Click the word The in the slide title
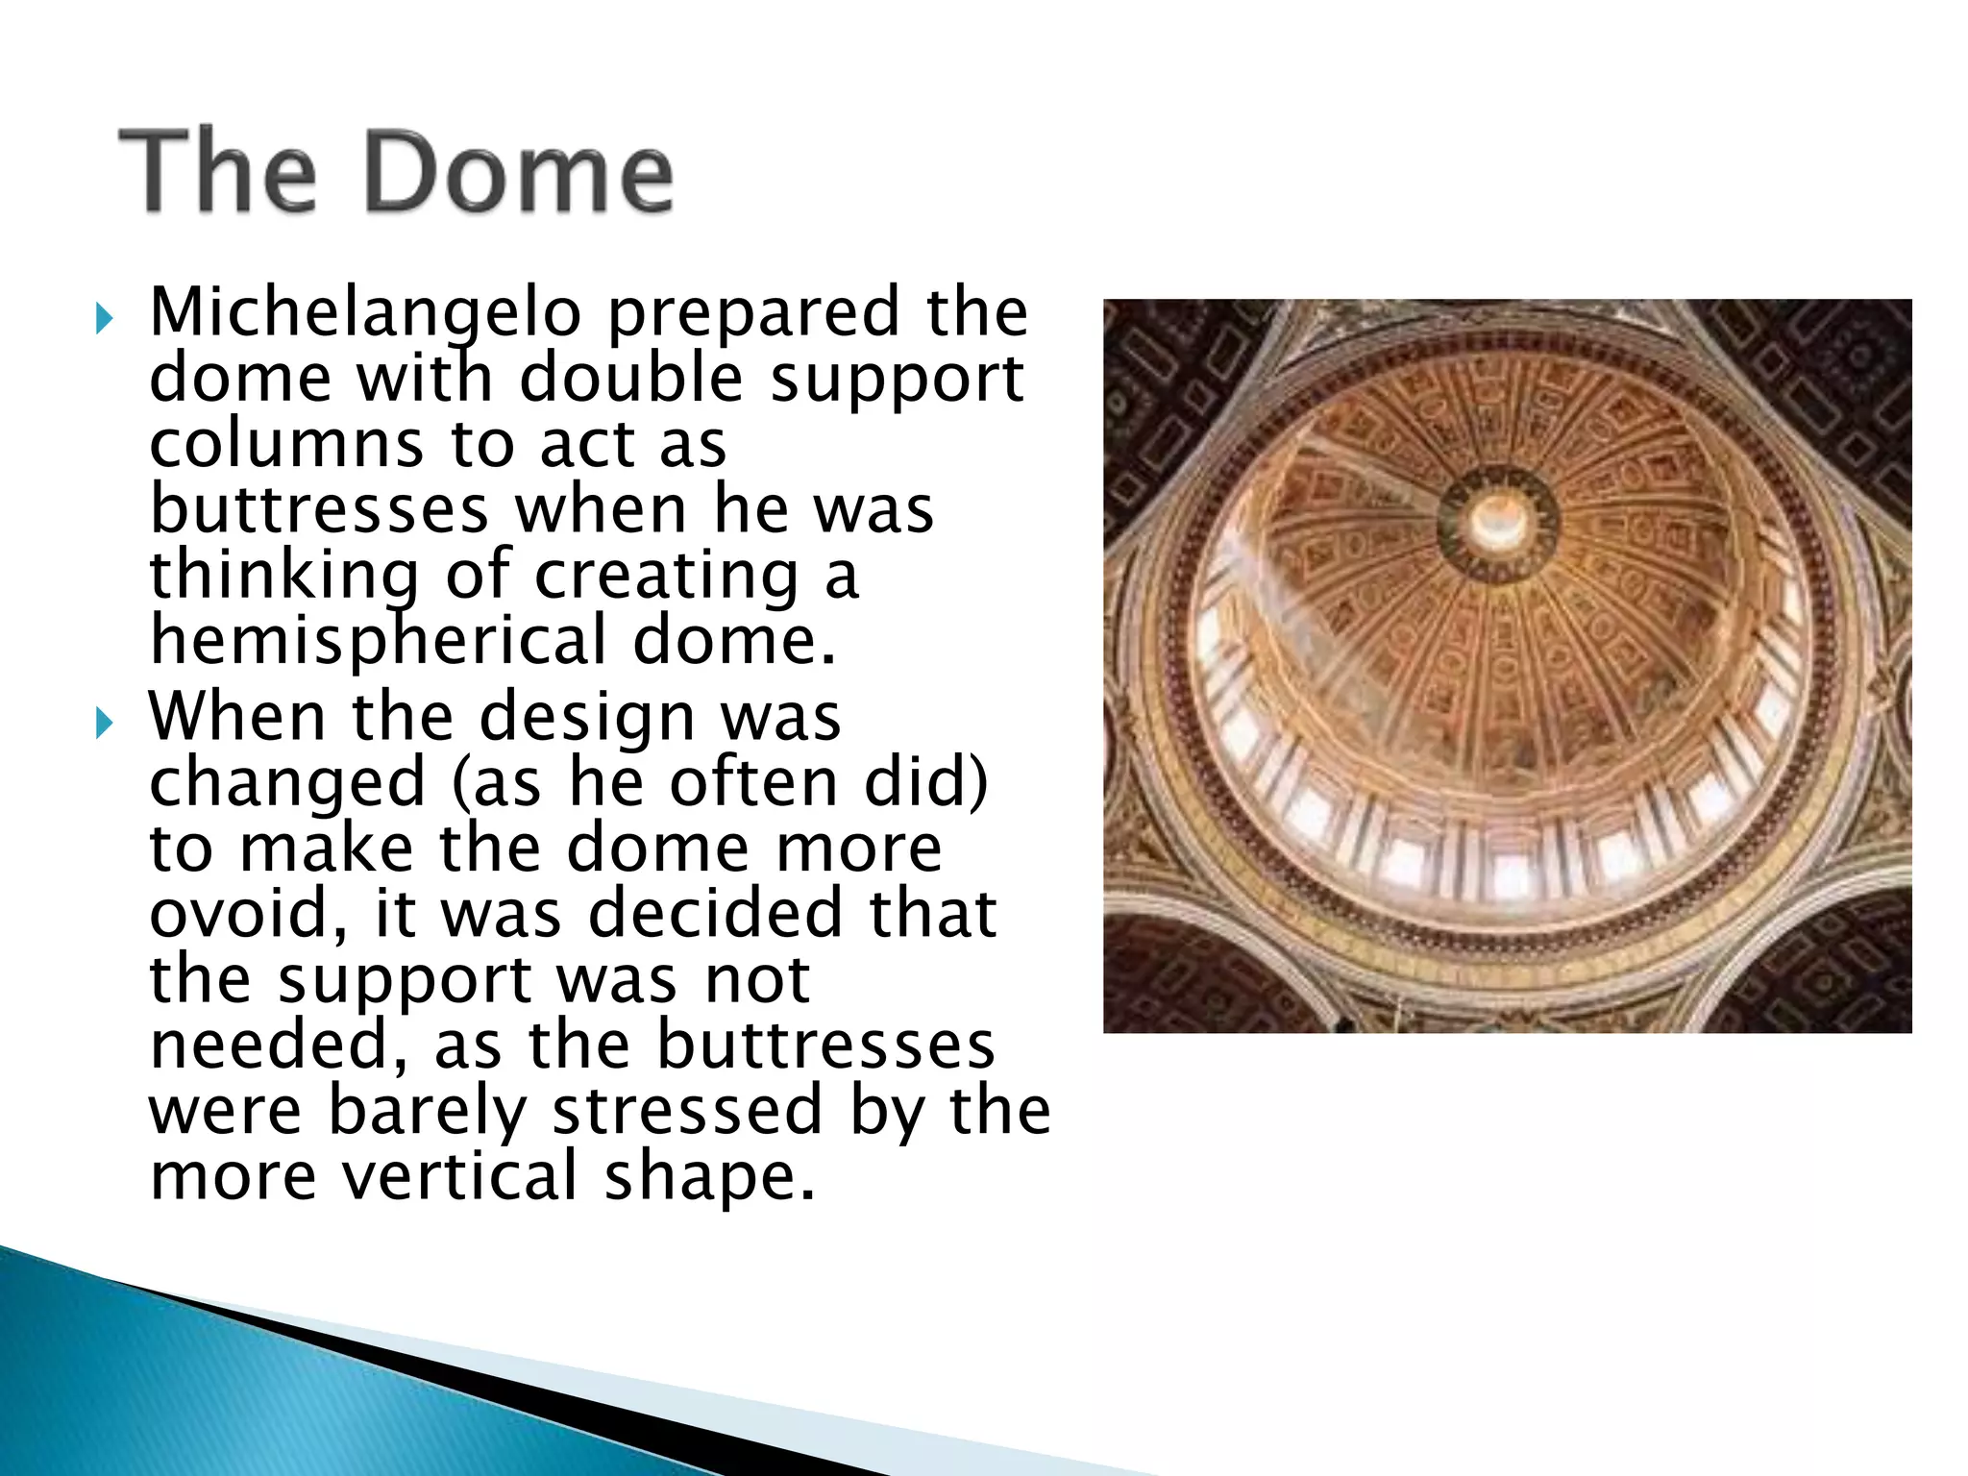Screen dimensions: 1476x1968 point(219,173)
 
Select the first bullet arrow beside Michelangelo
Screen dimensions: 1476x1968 point(105,317)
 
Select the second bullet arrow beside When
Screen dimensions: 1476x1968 point(105,723)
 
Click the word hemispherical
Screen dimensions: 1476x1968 point(379,641)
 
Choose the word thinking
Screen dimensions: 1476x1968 point(284,576)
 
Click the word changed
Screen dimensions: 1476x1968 point(286,783)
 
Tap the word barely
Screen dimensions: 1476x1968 point(428,1111)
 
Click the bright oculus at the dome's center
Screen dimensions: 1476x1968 point(1495,519)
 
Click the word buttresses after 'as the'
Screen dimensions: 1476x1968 point(825,1045)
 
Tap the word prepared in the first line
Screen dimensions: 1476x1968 point(752,313)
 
